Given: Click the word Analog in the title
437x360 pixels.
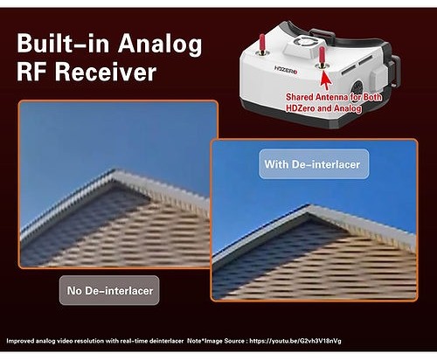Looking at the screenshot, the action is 160,45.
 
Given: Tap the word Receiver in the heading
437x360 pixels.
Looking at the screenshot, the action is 106,72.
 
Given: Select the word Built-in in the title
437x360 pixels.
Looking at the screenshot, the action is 63,43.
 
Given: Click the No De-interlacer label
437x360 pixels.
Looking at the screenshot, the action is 109,290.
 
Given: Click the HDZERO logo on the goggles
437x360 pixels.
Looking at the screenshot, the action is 286,69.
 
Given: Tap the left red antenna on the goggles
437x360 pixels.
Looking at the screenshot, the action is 262,44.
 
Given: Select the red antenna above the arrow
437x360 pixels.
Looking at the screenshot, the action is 322,56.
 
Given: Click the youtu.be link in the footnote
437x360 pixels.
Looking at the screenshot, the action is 295,341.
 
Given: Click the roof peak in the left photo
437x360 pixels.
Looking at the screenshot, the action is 116,171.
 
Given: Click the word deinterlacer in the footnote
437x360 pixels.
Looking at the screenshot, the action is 166,341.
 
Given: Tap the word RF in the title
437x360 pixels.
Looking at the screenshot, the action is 33,72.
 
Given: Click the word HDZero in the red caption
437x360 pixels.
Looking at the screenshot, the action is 301,108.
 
